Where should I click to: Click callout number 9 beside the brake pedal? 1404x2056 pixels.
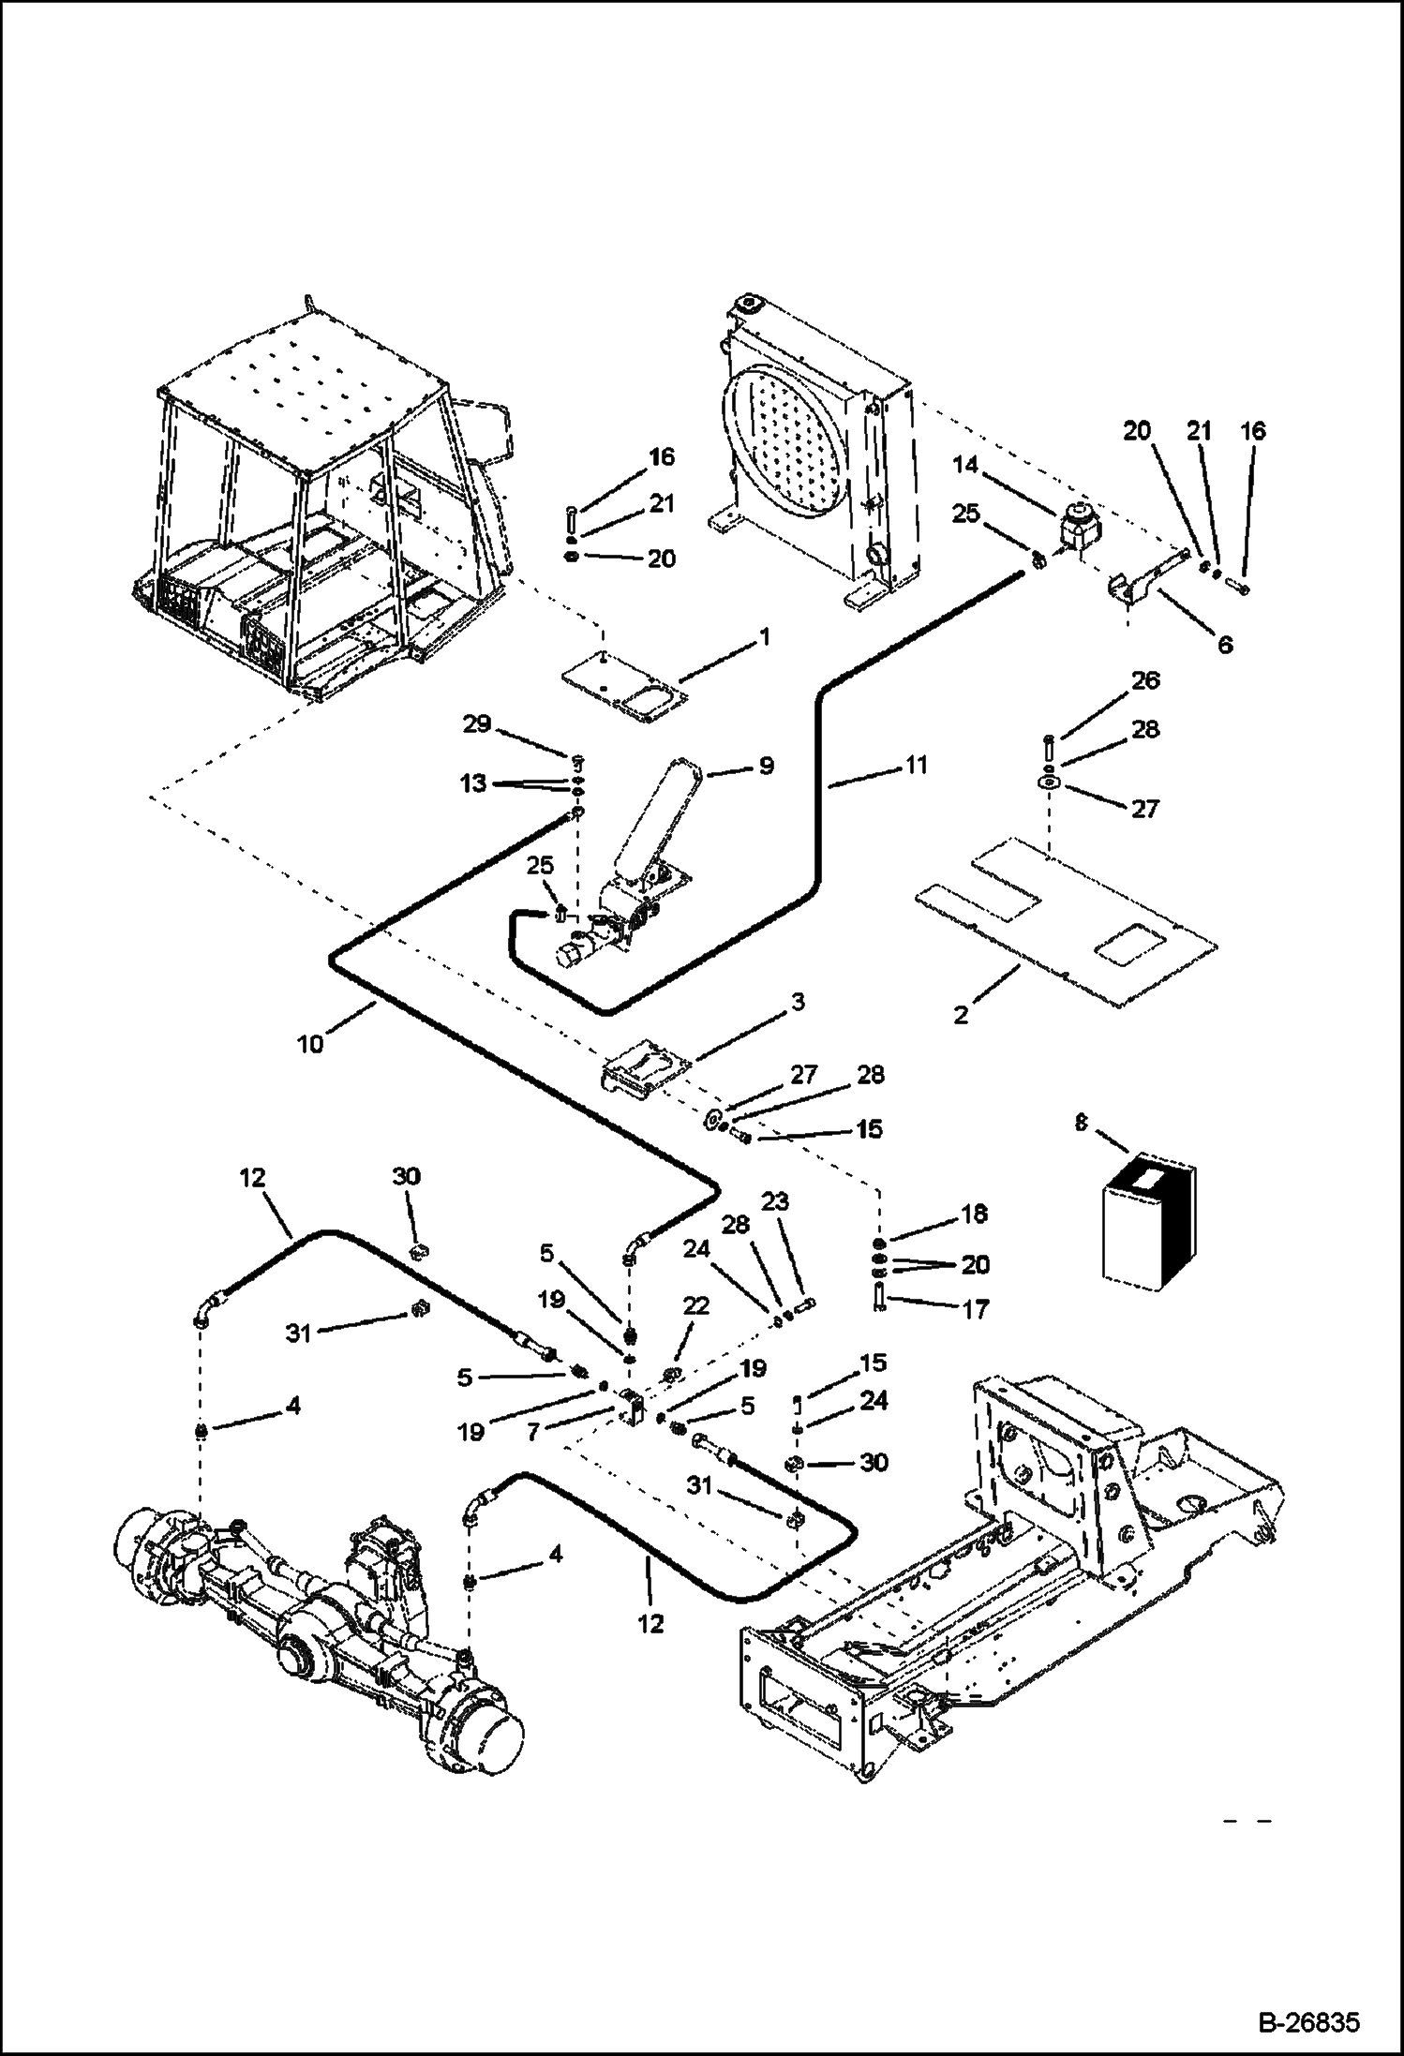766,766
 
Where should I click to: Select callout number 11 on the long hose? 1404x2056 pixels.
916,766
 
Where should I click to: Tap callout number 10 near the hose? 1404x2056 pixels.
310,1043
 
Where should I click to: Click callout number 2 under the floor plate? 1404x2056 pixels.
961,1015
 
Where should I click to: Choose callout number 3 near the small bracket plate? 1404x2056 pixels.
797,1002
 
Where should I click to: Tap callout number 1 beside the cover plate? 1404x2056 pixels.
764,637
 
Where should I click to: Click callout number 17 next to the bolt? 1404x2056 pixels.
976,1308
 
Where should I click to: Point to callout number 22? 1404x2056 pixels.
695,1305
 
